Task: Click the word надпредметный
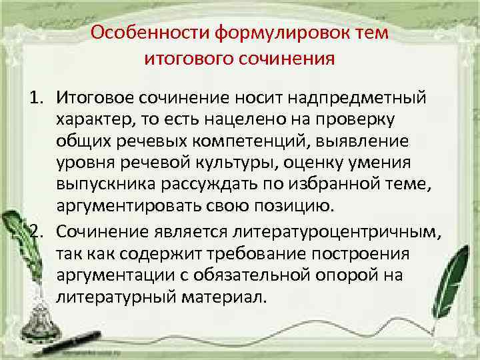368,99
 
